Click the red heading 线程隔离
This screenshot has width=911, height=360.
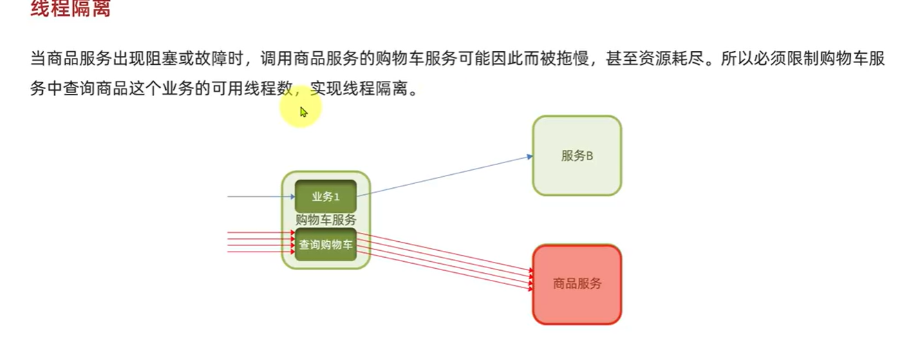[x=71, y=8]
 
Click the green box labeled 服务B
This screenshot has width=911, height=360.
[x=576, y=155]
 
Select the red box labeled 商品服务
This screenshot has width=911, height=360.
[x=576, y=283]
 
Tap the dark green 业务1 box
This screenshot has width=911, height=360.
[x=326, y=196]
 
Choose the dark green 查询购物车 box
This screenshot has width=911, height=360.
[x=326, y=245]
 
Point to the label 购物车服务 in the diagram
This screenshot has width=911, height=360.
[x=326, y=220]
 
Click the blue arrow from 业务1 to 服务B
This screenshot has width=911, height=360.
[x=442, y=176]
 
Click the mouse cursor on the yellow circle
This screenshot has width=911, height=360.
[x=303, y=112]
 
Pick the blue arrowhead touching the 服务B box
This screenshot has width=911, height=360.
[x=529, y=157]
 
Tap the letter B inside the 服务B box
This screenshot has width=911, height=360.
[x=590, y=156]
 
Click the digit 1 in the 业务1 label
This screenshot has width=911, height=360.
[x=337, y=197]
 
